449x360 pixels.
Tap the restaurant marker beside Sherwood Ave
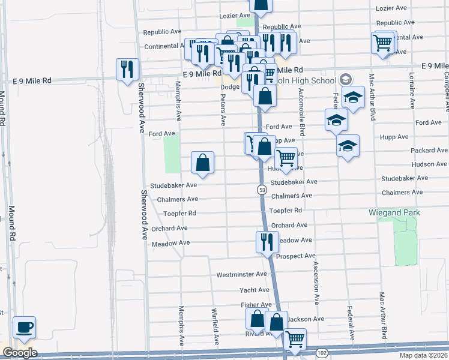click(127, 70)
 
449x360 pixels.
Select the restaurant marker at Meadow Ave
click(267, 242)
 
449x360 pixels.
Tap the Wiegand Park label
click(394, 213)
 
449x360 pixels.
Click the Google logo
click(19, 353)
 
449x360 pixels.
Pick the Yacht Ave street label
click(253, 290)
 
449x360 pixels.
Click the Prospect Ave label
click(295, 256)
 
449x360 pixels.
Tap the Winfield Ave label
click(214, 328)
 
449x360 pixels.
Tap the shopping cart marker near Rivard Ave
click(295, 340)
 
